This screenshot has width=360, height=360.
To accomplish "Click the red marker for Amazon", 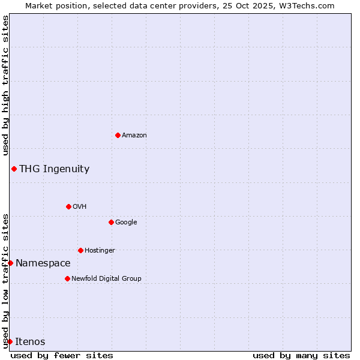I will coord(118,135).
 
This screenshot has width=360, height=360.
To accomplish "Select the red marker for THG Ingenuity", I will coord(14,169).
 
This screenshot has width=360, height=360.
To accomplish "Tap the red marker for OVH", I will coord(68,206).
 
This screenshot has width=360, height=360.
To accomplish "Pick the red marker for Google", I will coord(111,222).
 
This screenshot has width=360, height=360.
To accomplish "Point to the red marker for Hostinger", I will coord(80,250).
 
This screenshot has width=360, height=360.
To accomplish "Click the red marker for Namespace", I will coord(10,263).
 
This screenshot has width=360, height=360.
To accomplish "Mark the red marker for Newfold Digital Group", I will coord(67,278).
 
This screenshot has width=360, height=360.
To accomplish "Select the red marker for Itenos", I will coord(10,341).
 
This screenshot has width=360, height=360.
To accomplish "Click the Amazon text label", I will coord(134,136).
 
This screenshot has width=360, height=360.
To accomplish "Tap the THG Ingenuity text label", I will coord(54,169).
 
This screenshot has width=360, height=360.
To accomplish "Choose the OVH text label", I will coord(80,207).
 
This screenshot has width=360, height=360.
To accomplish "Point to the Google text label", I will coord(126,223).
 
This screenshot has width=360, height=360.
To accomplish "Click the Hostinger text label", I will coord(100,251).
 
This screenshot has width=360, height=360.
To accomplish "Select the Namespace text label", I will coord(43,263).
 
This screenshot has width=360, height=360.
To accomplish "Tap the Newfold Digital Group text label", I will coord(106,279).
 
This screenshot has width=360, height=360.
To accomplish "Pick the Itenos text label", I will coord(30,342).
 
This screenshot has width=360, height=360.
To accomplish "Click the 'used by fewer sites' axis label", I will coord(62,355).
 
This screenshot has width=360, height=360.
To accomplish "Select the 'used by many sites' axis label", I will coord(301,355).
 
